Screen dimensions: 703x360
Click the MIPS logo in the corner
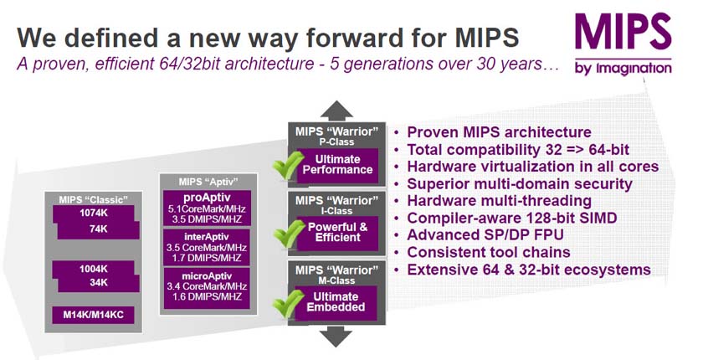point(623,44)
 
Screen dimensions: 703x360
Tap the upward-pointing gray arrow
point(336,111)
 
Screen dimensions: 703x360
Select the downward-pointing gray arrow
point(336,337)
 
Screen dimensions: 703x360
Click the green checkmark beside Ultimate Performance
point(289,166)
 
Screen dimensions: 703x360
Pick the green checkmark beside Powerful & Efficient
point(289,233)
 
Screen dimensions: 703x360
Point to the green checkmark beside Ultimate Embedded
point(289,304)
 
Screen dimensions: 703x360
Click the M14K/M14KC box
point(93,315)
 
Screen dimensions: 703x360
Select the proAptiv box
point(207,208)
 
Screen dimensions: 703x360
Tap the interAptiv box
point(207,247)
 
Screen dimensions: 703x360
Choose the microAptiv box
point(207,287)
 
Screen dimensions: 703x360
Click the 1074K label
point(93,213)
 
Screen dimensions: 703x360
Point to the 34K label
point(98,282)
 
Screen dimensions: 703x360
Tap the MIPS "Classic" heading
point(93,199)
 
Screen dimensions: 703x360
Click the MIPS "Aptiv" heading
point(208,182)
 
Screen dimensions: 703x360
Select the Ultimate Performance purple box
point(337,166)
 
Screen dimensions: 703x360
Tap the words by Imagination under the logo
point(623,69)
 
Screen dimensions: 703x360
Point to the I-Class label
point(337,211)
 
